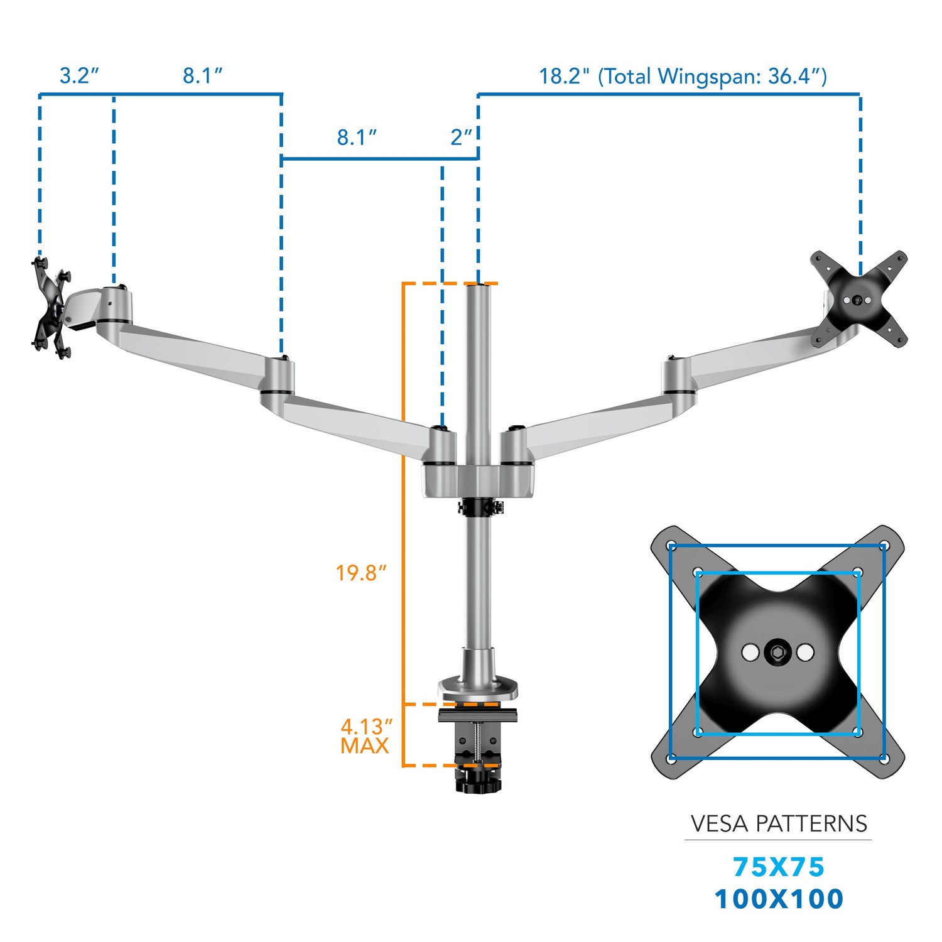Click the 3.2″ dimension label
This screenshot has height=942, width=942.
[x=79, y=76]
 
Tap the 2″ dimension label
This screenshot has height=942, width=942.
[x=461, y=137]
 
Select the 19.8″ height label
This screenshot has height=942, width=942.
[x=360, y=573]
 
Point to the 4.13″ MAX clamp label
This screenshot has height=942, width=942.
[x=365, y=736]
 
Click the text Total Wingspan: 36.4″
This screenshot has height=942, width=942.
[x=712, y=77]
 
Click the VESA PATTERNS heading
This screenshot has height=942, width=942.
[x=778, y=823]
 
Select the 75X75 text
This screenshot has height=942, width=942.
[x=778, y=867]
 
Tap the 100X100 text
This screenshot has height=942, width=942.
[x=778, y=899]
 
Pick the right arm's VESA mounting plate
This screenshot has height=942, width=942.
[x=858, y=300]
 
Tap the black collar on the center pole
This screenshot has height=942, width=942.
[x=480, y=506]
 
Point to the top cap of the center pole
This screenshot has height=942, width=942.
[x=479, y=286]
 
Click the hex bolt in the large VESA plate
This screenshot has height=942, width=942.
[x=777, y=652]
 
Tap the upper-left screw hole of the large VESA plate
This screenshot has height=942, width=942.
[x=671, y=545]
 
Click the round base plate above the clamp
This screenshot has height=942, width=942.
[x=479, y=688]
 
